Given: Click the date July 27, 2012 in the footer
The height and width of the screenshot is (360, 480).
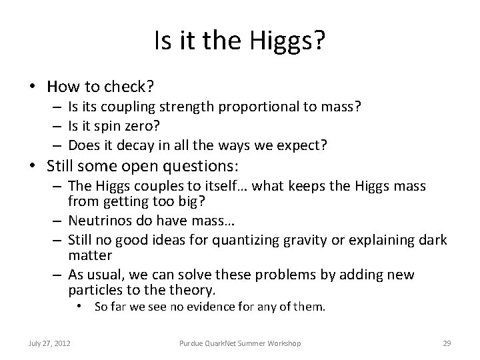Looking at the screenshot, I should coord(49,343).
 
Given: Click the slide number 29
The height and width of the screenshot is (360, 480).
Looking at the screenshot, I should coord(447,343).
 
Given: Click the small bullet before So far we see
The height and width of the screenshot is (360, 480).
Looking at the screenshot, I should coord(80,307).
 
